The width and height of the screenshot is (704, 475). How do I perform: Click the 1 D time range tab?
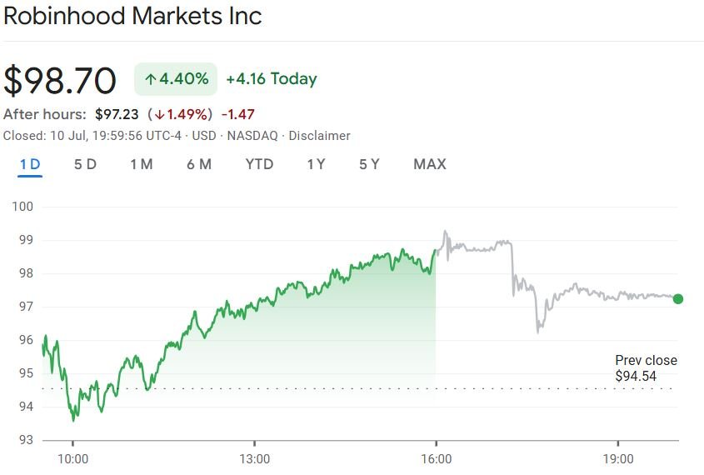30,164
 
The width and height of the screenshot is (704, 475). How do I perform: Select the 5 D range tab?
85,164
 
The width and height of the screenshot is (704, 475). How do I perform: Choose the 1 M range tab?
141,164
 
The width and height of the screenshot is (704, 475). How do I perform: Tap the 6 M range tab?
199,164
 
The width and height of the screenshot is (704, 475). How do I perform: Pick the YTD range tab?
259,164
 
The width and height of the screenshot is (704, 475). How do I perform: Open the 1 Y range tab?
316,164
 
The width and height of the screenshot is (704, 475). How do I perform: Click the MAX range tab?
430,164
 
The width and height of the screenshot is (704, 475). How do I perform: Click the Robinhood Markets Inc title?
133,17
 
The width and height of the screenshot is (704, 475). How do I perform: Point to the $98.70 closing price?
60,80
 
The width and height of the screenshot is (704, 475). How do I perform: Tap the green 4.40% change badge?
176,79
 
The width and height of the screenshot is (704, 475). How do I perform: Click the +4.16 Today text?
272,79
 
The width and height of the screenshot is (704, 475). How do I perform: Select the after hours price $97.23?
117,114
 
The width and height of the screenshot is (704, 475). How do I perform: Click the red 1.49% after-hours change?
181,114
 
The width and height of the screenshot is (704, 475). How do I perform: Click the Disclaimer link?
319,136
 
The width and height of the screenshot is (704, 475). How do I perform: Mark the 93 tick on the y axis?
25,439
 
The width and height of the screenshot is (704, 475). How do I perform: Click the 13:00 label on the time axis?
254,459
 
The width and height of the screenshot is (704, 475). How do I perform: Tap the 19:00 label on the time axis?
617,459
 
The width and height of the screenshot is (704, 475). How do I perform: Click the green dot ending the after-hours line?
677,299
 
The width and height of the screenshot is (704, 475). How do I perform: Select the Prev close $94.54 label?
646,368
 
